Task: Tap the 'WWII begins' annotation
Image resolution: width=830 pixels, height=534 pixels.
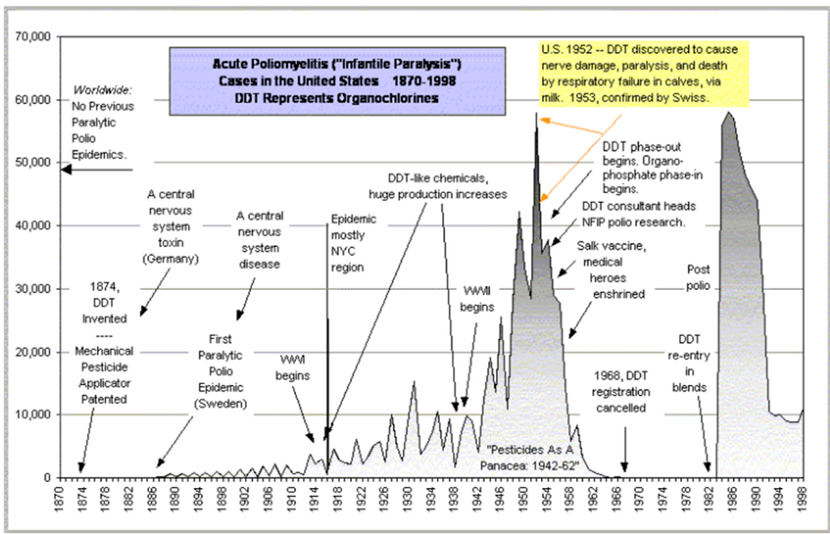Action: click(478, 299)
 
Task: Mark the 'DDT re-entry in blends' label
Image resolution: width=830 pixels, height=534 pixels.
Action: click(688, 363)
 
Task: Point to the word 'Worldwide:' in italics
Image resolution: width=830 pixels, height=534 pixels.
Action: click(102, 91)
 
